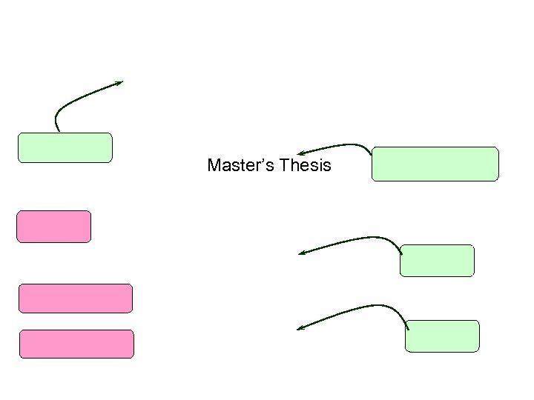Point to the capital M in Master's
click(x=214, y=165)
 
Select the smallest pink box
click(x=54, y=227)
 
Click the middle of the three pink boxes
click(x=76, y=299)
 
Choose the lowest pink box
click(x=76, y=344)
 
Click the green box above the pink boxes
click(x=65, y=147)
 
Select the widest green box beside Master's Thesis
click(x=435, y=164)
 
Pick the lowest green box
click(x=443, y=336)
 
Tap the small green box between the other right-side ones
click(x=437, y=261)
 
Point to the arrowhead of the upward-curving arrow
click(x=119, y=83)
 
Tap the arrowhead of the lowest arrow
click(x=301, y=328)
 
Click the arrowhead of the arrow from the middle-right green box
click(x=303, y=253)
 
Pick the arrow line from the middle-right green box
click(x=356, y=240)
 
